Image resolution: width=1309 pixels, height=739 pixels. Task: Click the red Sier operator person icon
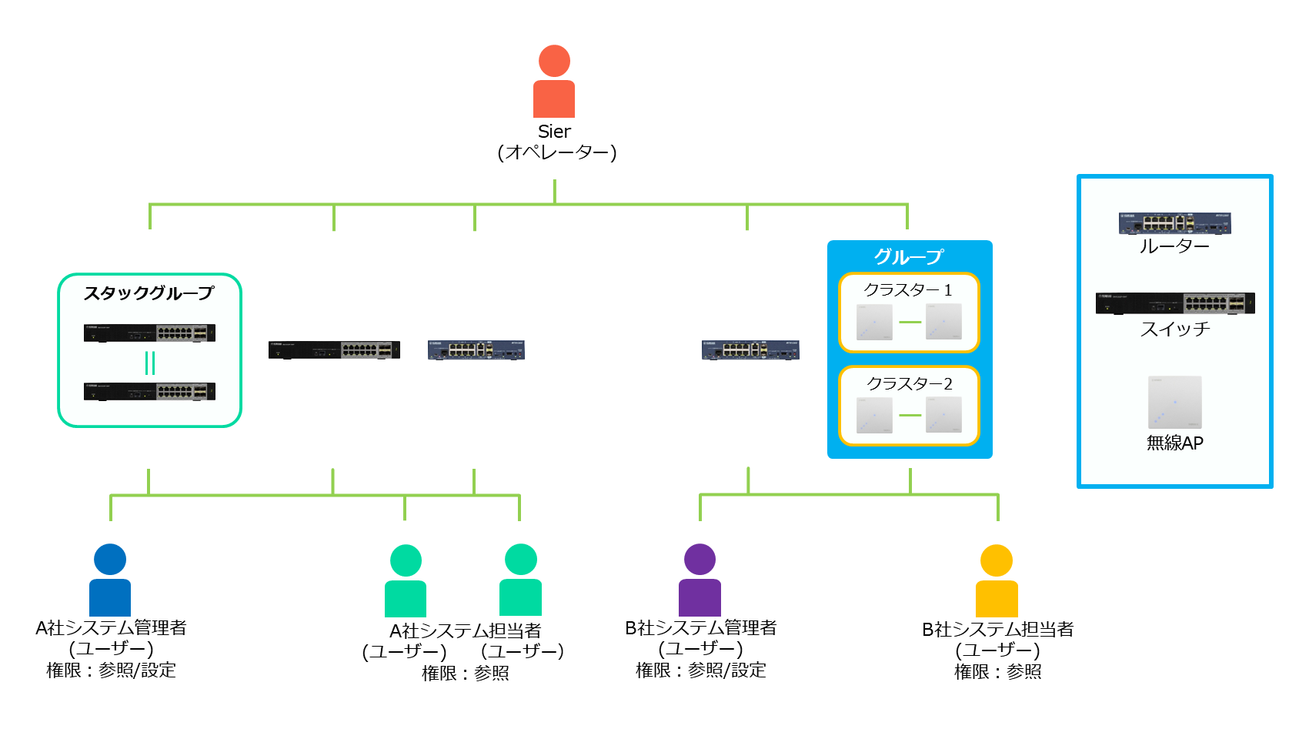[554, 82]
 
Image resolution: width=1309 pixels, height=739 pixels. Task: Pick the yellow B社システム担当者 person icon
[997, 580]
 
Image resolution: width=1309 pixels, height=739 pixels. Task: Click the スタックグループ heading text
[149, 293]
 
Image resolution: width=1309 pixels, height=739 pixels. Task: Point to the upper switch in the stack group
[149, 333]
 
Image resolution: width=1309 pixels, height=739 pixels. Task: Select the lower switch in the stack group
[149, 391]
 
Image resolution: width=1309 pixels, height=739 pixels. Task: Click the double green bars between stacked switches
[150, 363]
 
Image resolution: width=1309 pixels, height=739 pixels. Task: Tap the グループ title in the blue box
[909, 256]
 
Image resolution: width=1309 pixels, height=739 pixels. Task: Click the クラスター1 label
[908, 290]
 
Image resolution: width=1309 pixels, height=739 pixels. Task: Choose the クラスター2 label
[909, 383]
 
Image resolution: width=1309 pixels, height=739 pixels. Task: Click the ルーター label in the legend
[1174, 246]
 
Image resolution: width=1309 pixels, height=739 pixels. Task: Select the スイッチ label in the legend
[1175, 329]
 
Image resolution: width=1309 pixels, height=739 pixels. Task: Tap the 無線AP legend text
[1174, 443]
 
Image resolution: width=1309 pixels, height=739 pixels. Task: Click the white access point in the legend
[1174, 402]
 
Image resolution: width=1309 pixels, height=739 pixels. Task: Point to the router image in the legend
[1174, 223]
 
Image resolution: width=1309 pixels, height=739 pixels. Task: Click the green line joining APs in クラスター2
[910, 416]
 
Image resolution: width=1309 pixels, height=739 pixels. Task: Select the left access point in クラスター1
[874, 322]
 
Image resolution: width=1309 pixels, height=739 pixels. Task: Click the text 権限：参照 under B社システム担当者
[997, 672]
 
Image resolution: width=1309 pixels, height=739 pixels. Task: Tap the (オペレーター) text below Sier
[556, 152]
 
